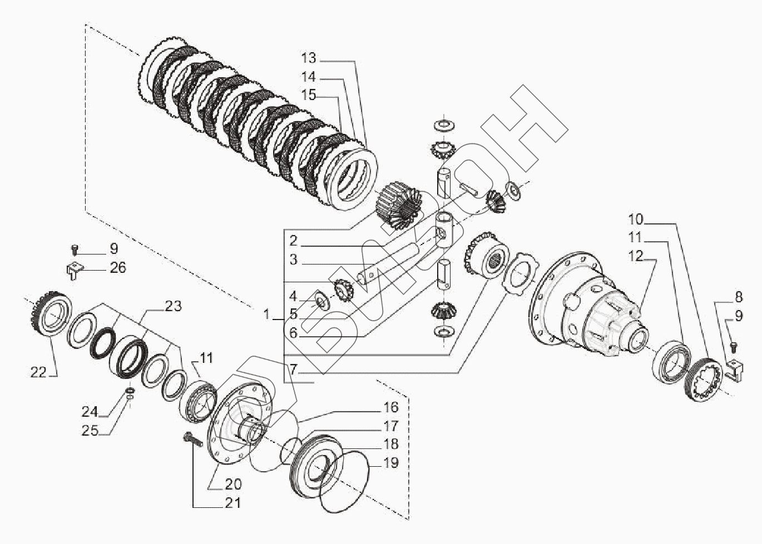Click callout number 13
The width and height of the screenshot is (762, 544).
point(308,58)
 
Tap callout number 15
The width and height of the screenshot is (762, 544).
point(308,95)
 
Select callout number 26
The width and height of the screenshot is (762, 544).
point(117,268)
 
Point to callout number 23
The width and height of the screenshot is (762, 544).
point(173,306)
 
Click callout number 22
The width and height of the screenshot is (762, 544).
point(38,372)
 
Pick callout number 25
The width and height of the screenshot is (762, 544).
point(90,431)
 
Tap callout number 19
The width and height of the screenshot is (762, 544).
point(391,463)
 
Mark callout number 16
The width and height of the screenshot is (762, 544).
point(391,408)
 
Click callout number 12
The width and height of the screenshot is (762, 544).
point(635,256)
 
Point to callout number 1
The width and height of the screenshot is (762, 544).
point(267,315)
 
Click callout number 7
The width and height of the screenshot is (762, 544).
point(293,368)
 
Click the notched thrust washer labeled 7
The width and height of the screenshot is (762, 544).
point(518,276)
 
